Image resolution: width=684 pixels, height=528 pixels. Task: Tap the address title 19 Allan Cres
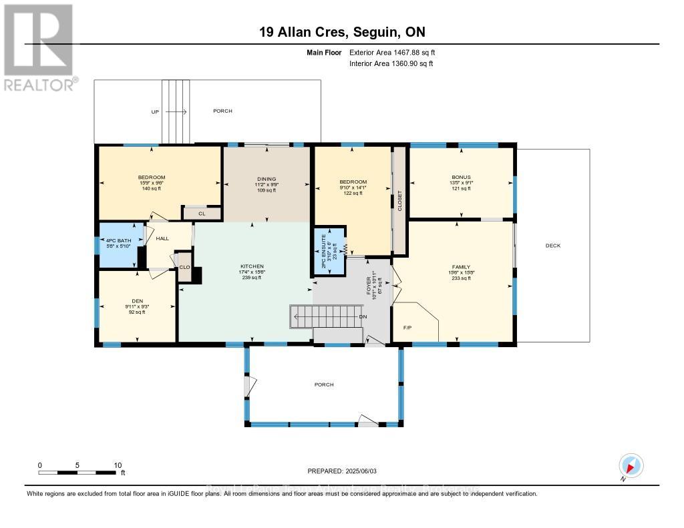(x=341, y=32)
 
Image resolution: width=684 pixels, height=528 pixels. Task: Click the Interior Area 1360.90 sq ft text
(x=391, y=64)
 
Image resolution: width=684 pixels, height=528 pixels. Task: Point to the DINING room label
(x=267, y=179)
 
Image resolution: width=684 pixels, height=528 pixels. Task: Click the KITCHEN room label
(x=252, y=266)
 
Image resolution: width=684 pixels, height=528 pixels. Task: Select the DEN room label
(x=137, y=300)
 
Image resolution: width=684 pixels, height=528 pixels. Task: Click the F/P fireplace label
(x=407, y=328)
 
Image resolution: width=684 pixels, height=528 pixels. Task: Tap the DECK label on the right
(x=552, y=246)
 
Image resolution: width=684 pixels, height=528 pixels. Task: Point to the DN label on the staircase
(x=363, y=317)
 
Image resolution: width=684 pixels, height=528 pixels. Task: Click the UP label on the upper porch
(x=155, y=111)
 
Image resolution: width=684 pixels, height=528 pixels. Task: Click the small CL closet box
(x=201, y=214)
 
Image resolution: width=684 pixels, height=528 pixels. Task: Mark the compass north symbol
(x=631, y=465)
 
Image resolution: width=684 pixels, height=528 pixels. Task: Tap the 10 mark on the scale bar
(x=118, y=465)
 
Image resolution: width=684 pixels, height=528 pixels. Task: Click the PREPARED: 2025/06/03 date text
(x=341, y=471)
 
